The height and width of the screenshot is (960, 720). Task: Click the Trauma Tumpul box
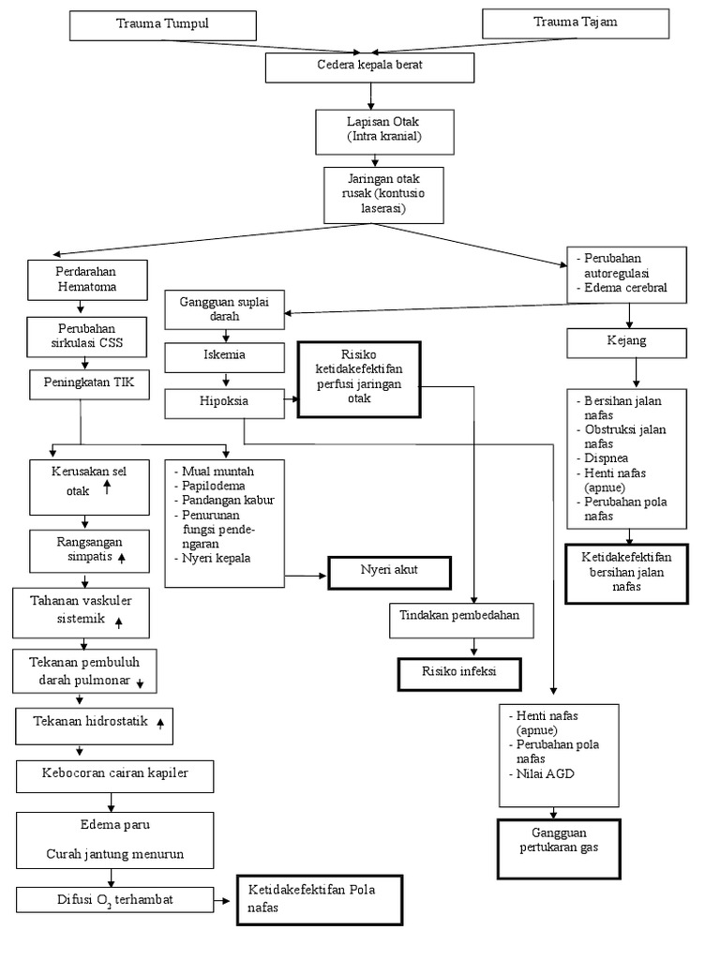click(x=163, y=24)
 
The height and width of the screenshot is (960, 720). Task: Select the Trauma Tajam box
click(x=575, y=22)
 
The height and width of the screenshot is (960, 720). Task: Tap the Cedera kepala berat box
click(x=371, y=67)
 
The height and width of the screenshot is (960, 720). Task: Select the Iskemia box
click(x=224, y=357)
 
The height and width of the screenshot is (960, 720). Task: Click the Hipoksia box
click(x=224, y=403)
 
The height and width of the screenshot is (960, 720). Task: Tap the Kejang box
click(x=627, y=342)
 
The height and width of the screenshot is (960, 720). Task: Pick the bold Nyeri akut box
click(x=388, y=571)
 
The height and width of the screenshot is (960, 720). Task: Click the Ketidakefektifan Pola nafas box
click(x=319, y=900)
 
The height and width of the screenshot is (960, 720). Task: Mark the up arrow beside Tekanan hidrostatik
click(x=160, y=723)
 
